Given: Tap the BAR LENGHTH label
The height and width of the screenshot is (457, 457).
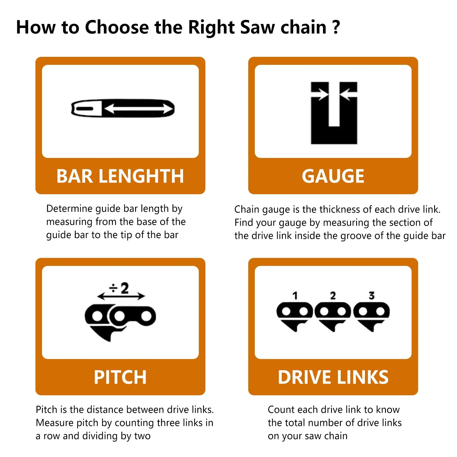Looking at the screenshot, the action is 120,176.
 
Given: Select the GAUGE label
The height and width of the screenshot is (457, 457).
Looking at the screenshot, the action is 333,176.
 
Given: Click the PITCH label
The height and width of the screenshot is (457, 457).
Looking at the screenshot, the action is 120,377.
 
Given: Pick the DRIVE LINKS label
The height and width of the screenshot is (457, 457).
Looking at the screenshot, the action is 333,377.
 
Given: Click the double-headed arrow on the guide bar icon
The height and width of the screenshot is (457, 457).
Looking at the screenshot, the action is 139,109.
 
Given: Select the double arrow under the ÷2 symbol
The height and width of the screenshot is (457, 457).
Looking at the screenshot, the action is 121,296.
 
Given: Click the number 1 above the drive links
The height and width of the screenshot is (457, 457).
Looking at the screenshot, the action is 295,296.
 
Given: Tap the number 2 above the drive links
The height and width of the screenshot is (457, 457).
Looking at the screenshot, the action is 333,296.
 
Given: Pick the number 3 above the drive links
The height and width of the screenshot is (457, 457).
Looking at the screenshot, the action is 371,296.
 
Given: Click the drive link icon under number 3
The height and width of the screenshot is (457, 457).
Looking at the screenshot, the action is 371,316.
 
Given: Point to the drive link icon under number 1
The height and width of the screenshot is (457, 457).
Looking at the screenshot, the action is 295,316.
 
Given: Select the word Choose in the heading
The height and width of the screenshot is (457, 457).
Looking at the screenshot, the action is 117,27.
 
